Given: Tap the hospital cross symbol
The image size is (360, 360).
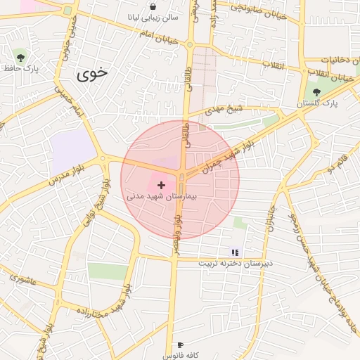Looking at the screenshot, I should (x=162, y=184).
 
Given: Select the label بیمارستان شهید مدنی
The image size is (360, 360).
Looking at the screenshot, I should (x=162, y=196).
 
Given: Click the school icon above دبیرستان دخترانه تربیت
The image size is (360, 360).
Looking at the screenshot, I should (x=235, y=252).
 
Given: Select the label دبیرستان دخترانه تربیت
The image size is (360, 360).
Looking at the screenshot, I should (x=234, y=262).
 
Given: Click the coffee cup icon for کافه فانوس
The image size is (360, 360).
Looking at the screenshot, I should (x=181, y=345).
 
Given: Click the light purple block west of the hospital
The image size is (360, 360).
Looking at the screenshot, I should (x=72, y=148).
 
